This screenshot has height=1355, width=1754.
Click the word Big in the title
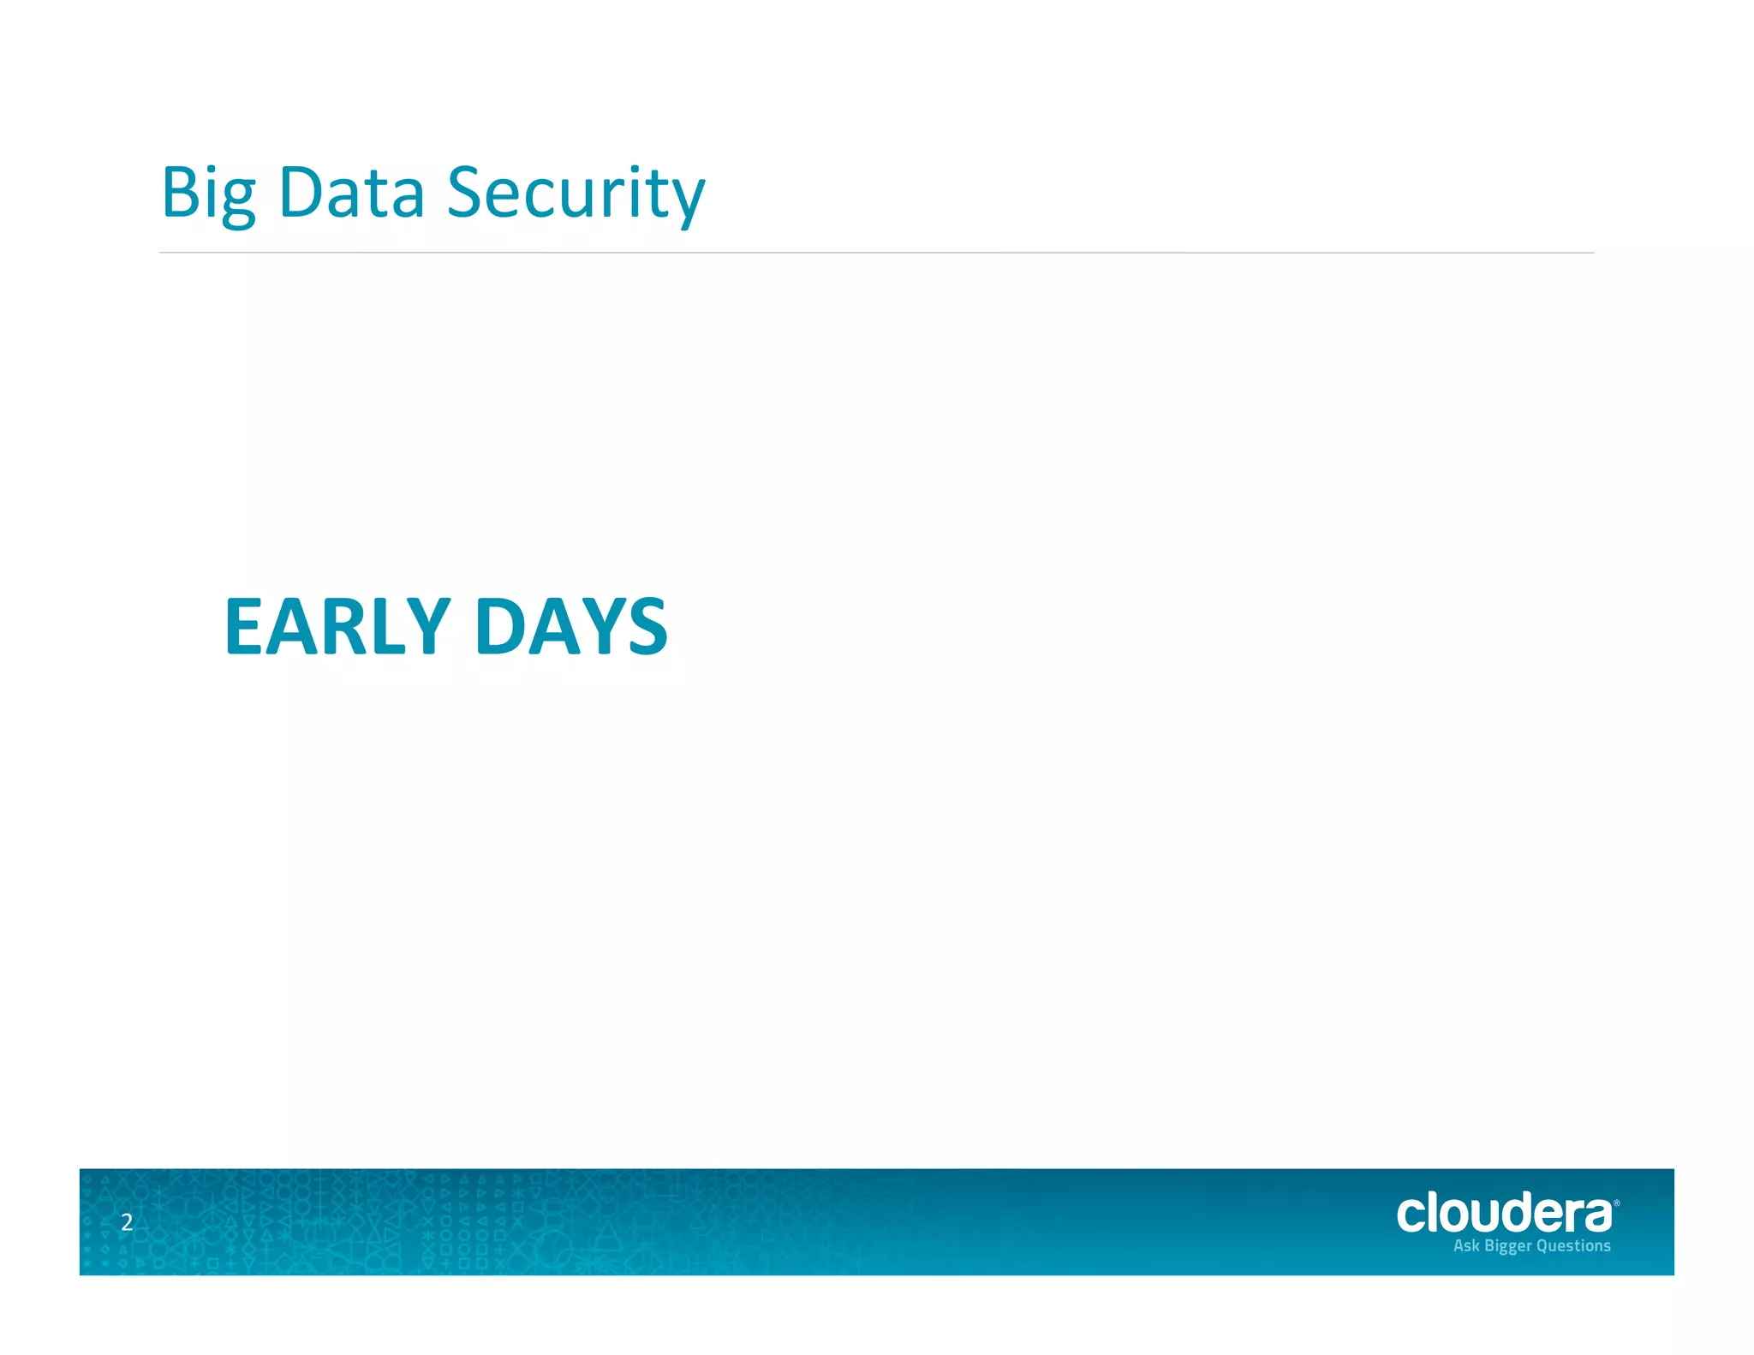point(208,194)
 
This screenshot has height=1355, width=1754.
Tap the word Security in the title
point(576,194)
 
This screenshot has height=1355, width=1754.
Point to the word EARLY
point(337,627)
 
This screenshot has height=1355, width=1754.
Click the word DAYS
point(570,627)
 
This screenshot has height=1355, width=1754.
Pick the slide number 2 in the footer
point(127,1222)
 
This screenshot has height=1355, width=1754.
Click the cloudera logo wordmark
point(1504,1214)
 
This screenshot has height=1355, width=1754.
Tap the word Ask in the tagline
point(1466,1245)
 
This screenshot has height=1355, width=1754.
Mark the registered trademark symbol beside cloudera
point(1616,1203)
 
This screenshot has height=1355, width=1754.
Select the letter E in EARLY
point(242,627)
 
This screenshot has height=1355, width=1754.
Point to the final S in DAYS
point(647,627)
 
